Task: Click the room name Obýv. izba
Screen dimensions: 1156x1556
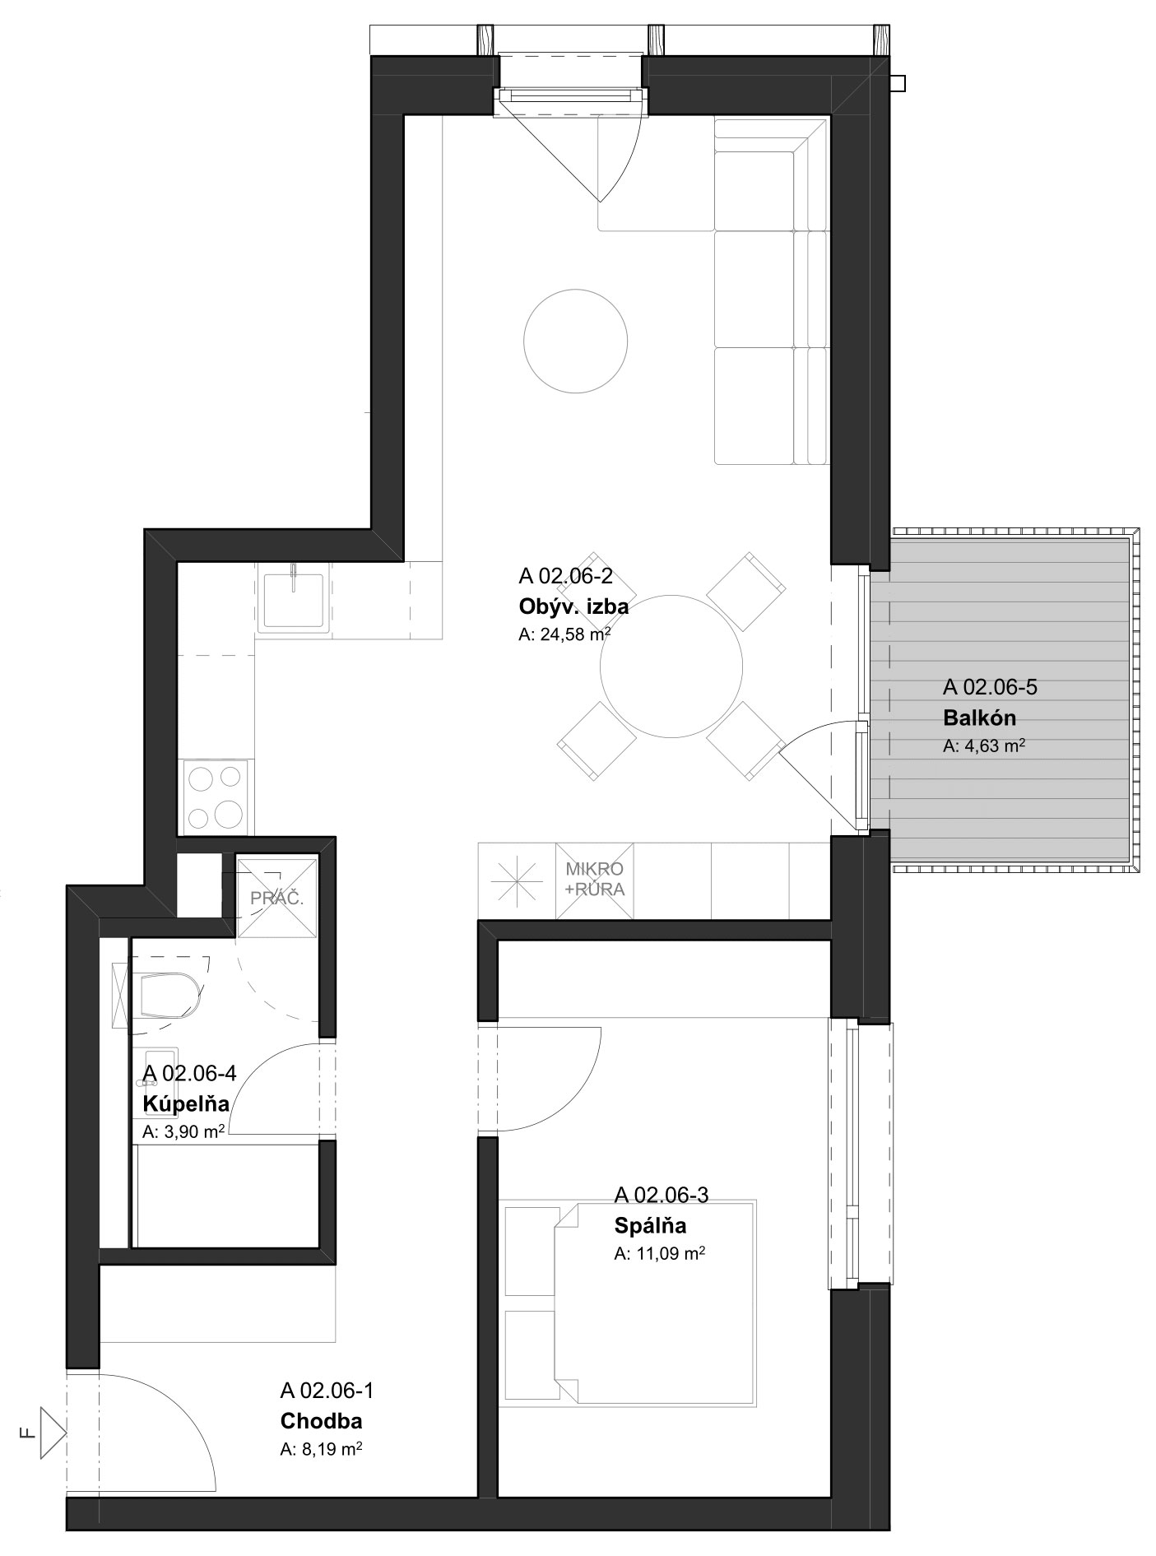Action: [573, 607]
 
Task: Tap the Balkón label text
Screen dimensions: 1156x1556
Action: [979, 718]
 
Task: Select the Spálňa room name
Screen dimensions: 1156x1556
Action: [650, 1225]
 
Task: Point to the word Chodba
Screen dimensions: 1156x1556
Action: [321, 1421]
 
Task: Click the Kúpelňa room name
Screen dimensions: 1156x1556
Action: [185, 1103]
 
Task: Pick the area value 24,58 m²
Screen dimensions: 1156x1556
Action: [564, 634]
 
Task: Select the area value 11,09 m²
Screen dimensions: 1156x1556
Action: [660, 1254]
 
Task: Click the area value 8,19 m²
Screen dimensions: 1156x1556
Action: [322, 1450]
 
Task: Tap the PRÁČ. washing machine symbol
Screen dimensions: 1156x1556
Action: [276, 897]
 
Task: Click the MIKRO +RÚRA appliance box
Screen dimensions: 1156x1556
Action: [594, 880]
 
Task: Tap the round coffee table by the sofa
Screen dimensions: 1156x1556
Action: [576, 340]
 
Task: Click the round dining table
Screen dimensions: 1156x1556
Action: [671, 666]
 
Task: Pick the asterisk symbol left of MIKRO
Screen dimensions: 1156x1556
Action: [517, 880]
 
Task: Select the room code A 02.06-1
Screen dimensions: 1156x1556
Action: [327, 1391]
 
